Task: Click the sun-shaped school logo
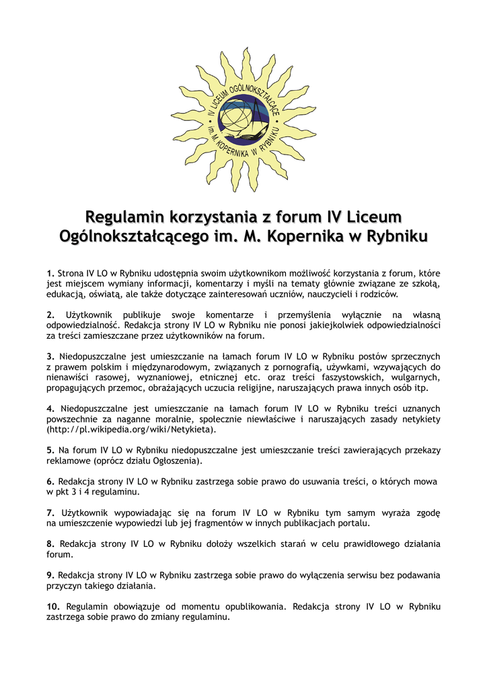(243, 120)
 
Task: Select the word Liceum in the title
(374, 217)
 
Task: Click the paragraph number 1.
(50, 273)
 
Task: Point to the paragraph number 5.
(50, 449)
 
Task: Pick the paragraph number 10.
(53, 607)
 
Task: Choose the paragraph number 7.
(50, 513)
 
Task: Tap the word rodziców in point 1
(379, 294)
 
